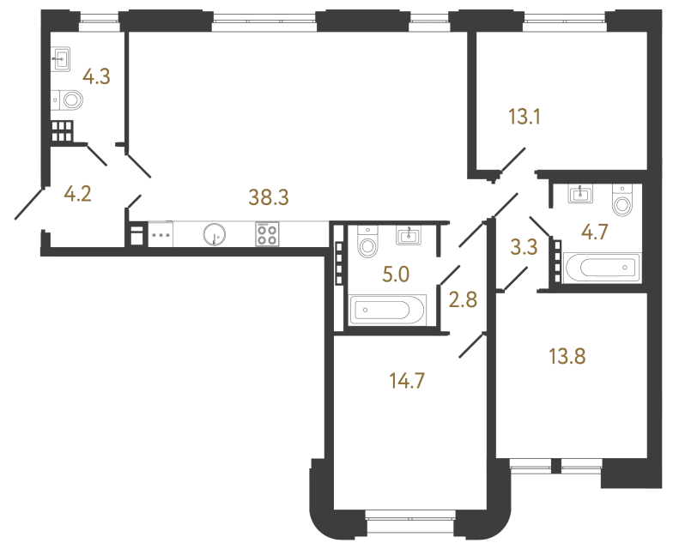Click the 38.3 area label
click(269, 197)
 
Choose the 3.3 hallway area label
click(524, 248)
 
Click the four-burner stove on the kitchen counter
click(266, 234)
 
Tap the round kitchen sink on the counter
click(215, 234)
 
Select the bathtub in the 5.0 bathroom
click(388, 309)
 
